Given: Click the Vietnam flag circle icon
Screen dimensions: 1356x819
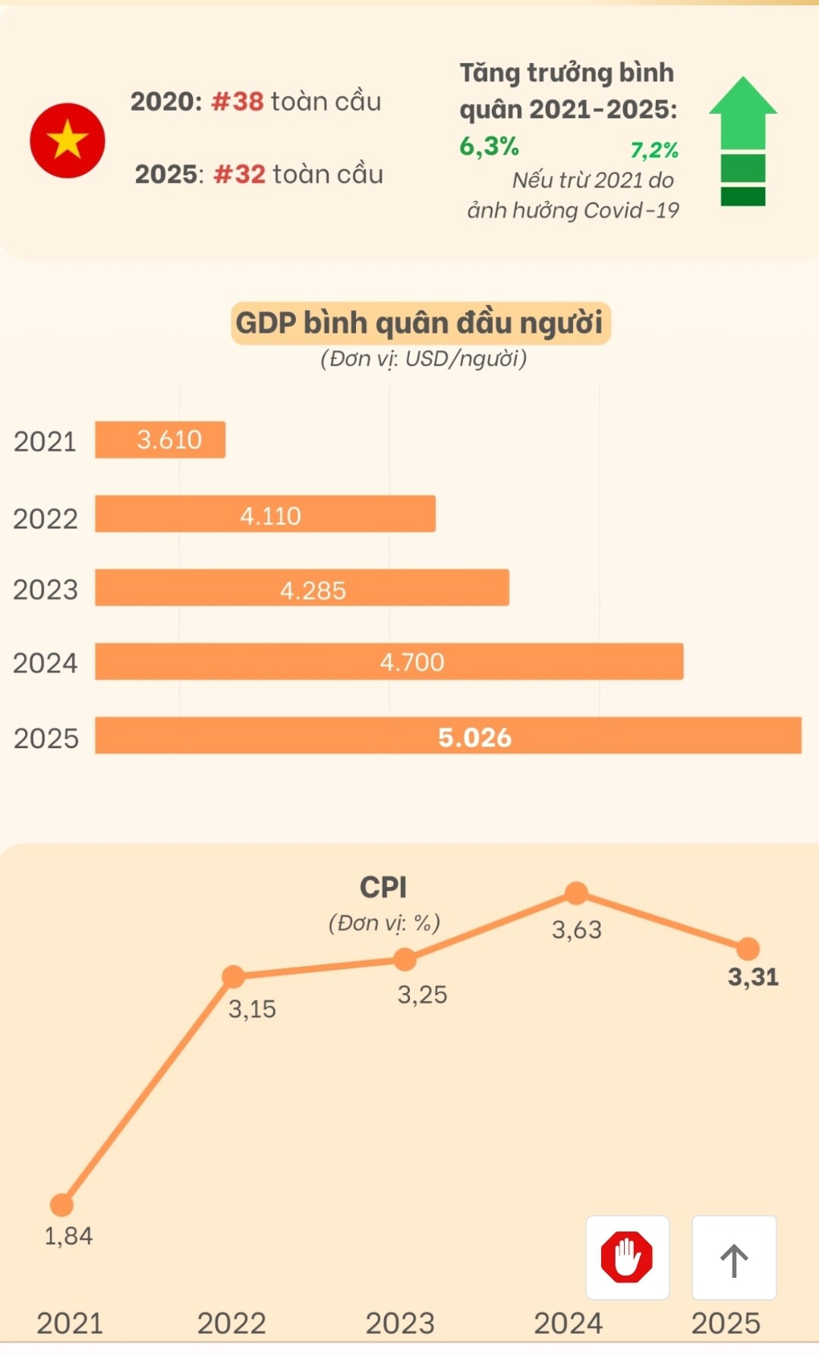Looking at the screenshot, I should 68,140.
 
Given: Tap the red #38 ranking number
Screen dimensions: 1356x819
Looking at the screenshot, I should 238,102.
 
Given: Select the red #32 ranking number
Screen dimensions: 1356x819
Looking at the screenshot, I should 240,175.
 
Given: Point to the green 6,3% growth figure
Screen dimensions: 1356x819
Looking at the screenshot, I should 489,146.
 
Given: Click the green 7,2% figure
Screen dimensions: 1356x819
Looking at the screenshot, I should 654,150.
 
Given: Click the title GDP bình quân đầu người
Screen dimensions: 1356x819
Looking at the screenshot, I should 420,322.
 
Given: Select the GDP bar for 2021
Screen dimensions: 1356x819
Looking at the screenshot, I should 160,439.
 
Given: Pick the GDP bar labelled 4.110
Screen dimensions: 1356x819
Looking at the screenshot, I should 265,514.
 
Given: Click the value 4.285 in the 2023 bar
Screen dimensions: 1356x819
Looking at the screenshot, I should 313,590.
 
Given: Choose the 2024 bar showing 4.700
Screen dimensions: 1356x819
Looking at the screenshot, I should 389,662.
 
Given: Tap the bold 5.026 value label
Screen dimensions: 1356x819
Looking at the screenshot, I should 474,738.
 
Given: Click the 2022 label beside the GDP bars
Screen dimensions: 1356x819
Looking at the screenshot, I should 46,519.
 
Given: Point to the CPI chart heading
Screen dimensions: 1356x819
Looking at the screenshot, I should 383,887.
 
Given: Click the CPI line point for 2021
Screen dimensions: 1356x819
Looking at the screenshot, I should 61,1204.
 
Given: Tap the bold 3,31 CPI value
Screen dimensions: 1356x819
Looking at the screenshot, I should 753,977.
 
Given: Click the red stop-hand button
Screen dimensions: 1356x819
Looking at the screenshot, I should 627,1257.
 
